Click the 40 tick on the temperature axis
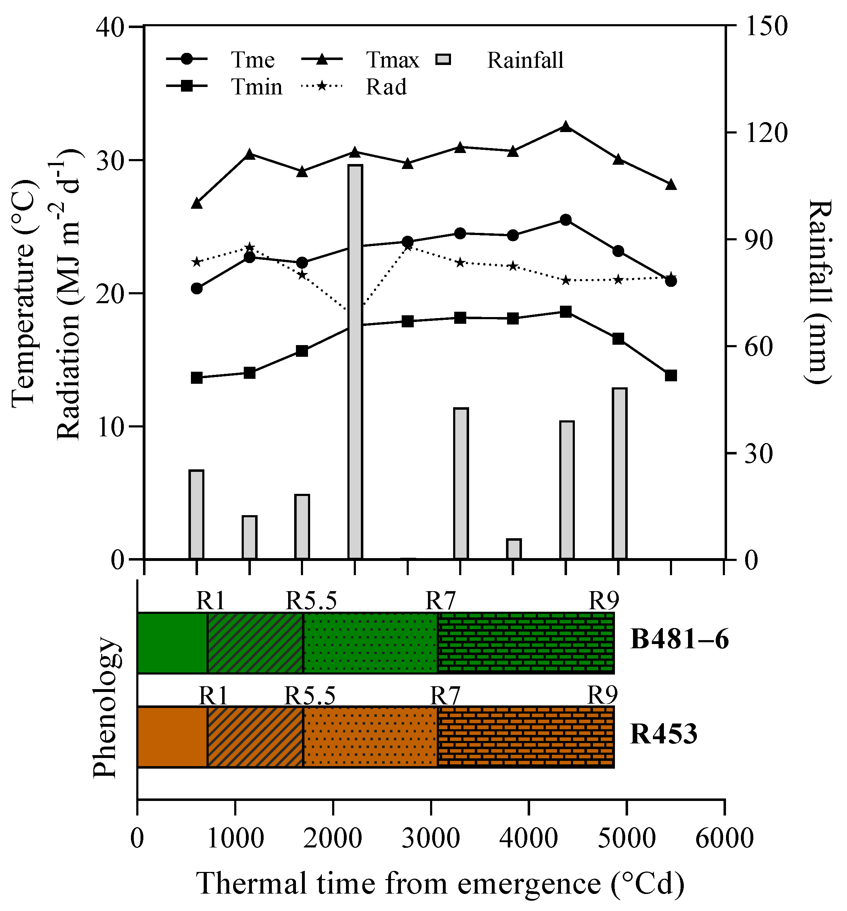coord(110,27)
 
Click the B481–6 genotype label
coord(679,640)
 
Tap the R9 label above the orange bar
coord(603,695)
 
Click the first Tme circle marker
coord(197,288)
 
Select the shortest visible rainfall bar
coord(513,549)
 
